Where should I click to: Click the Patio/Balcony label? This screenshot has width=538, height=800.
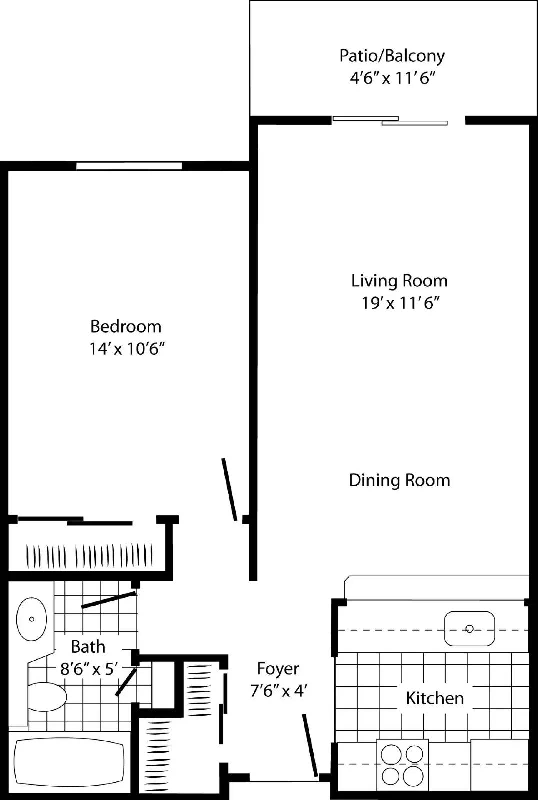point(392,56)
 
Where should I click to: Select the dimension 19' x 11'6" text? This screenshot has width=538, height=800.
point(400,303)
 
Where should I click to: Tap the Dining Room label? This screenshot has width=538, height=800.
point(399,480)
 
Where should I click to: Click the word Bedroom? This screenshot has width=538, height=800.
point(126,327)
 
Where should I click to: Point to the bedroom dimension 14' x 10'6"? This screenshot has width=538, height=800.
point(127,349)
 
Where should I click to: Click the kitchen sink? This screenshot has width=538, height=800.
point(469,628)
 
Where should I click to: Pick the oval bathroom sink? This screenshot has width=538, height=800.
point(32,619)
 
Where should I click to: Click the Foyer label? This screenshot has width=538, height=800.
point(278,669)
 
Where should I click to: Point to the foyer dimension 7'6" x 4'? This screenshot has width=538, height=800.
point(278,691)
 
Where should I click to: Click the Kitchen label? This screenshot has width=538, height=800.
point(434,698)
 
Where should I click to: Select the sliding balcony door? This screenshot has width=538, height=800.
point(390,120)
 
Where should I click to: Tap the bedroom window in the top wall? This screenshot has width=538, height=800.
point(129,166)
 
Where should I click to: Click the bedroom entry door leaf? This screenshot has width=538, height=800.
point(229,490)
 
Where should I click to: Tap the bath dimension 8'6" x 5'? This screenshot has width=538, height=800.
point(89,669)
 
